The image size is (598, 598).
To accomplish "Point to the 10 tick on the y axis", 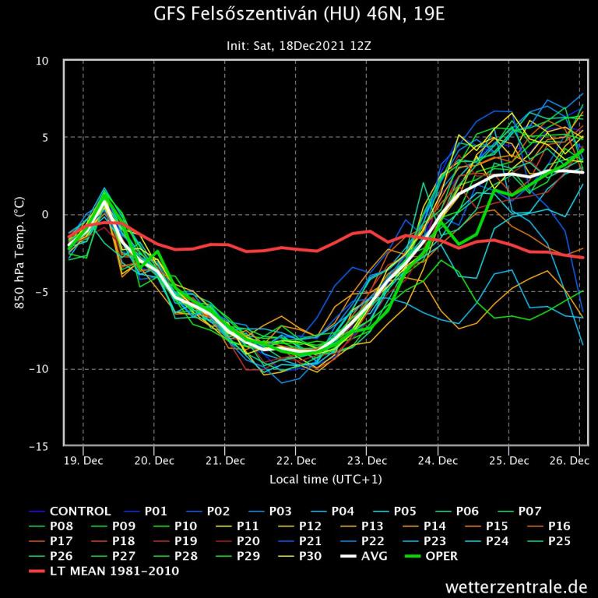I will tap(43, 61).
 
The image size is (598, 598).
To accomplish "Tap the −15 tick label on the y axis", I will tap(39, 446).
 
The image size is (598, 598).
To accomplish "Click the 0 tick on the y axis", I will tap(45, 215).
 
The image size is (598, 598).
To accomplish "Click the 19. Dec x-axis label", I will tap(83, 460).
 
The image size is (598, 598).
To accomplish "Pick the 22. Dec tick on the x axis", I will tap(296, 460).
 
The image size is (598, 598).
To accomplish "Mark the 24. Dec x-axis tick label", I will tap(438, 460).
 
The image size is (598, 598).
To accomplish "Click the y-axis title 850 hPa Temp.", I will tap(19, 253).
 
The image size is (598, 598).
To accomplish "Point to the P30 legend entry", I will tap(311, 556).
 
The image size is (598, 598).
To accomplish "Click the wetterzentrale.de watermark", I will tap(516, 586).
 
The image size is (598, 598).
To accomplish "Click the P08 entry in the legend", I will tap(62, 526).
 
